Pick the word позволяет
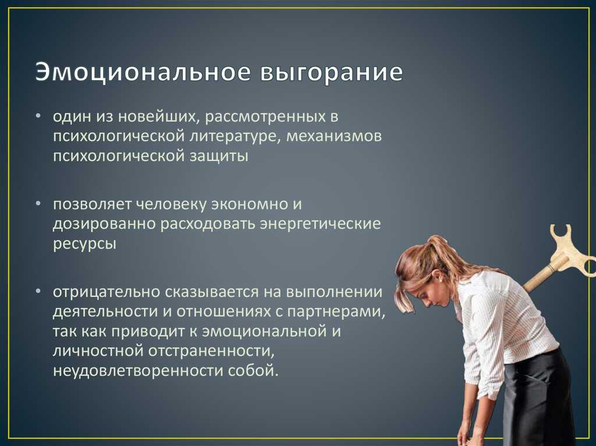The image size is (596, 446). pos(93,205)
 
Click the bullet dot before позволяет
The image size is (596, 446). pos(38,204)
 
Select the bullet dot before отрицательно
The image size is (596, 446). pos(38,292)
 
